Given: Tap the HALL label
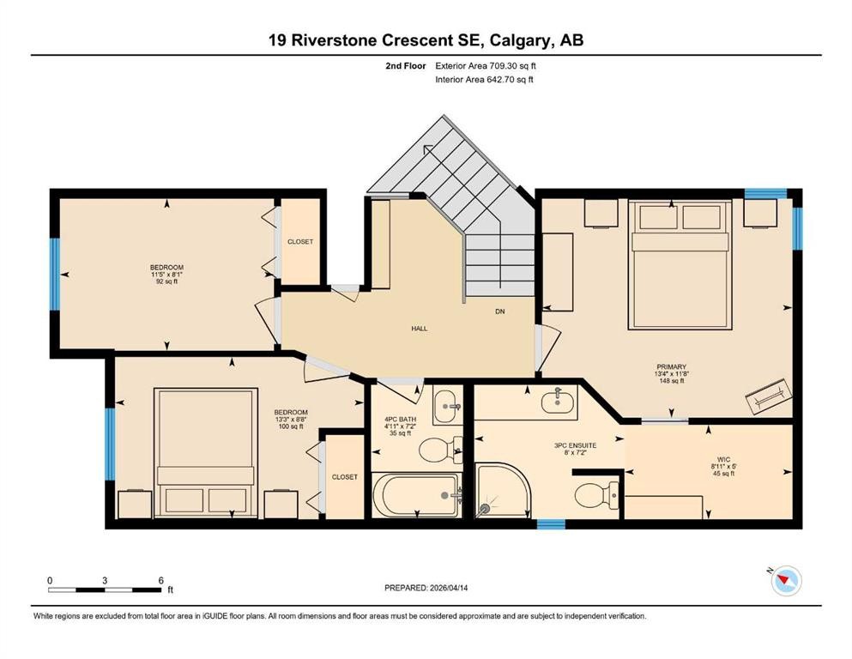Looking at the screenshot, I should pos(419,328).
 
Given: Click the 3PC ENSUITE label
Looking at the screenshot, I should pos(575,446).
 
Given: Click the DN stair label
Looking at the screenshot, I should pos(499,311).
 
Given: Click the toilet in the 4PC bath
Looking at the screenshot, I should pos(440,449).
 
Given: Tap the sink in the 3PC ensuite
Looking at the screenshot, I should pos(559,399).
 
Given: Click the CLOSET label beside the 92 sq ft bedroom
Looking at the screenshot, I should pos(299,242).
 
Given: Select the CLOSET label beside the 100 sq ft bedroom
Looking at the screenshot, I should pos(344,477).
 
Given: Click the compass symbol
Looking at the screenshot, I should pos(784,582).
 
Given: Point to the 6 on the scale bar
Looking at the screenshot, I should pos(160,580).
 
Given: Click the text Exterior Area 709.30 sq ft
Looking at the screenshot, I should pos(486,65).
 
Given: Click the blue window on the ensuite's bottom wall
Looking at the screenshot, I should pos(550,523).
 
